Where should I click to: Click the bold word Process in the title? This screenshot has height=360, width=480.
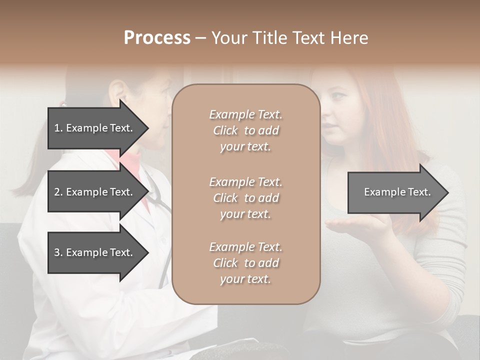157,38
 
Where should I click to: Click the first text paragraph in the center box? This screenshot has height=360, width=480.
246,130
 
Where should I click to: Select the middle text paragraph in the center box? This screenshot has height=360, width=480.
246,198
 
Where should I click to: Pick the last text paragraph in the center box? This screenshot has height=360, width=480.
246,263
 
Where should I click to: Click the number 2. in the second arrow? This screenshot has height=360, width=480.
58,192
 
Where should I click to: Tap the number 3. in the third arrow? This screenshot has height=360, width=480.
58,252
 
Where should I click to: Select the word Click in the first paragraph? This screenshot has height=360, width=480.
225,130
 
